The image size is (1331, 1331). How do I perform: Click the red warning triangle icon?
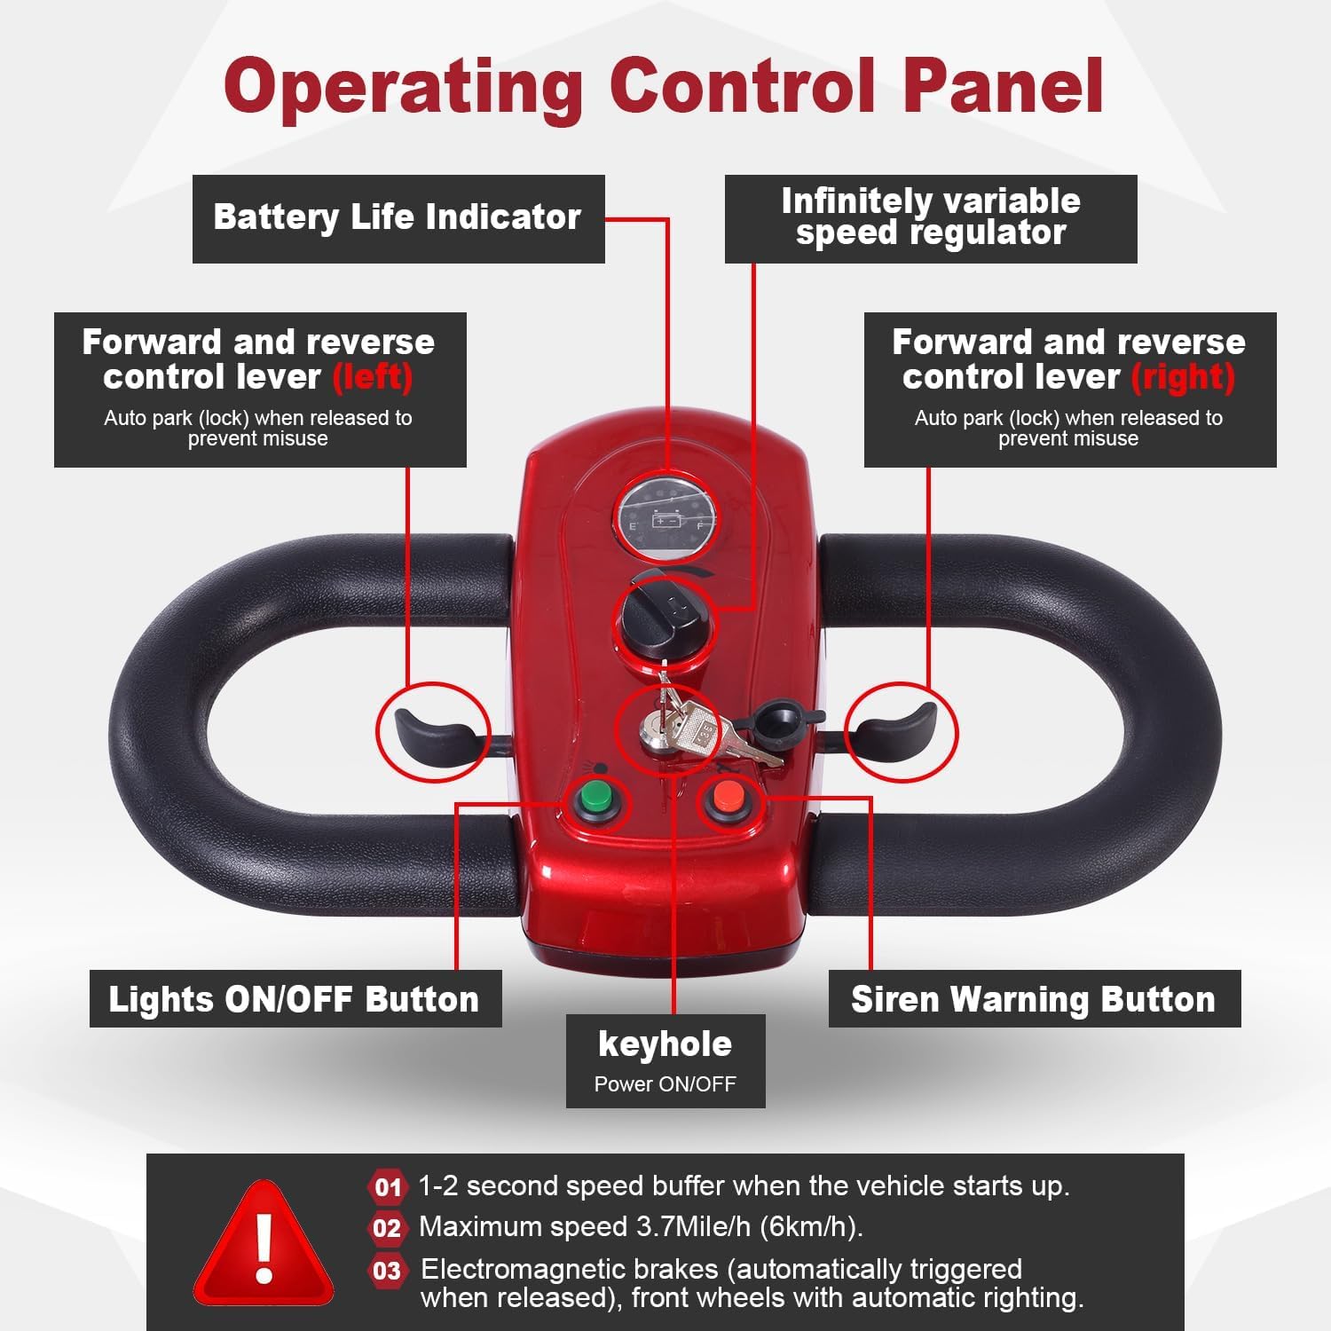point(264,1243)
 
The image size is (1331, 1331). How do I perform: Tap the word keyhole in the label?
point(665,1044)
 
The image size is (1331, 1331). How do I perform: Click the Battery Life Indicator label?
point(398,217)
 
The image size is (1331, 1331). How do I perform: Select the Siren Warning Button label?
point(1033,999)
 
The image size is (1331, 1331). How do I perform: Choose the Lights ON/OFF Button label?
point(295,999)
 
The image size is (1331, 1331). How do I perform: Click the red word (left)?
point(373,377)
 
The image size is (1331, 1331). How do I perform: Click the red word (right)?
point(1183,377)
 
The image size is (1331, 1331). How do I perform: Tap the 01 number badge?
point(387,1187)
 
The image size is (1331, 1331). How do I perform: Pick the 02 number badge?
point(387,1228)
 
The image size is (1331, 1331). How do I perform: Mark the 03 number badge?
point(387,1271)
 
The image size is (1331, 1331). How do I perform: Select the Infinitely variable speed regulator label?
point(930,217)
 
